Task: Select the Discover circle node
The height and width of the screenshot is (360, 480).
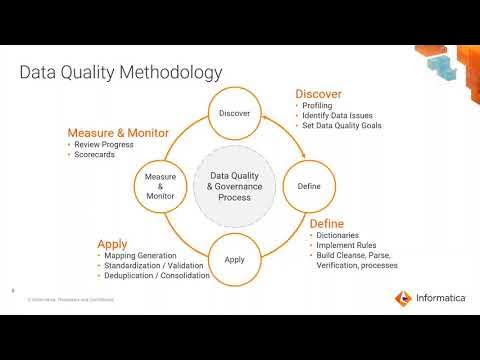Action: pos(234,113)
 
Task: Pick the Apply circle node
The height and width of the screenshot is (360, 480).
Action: pos(234,259)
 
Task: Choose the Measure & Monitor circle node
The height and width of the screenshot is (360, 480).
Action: pos(161,186)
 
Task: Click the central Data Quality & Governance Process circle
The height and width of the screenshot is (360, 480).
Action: pos(234,186)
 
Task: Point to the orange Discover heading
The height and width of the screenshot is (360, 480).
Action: pos(319,94)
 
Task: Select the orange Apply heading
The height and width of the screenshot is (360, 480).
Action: pos(113,243)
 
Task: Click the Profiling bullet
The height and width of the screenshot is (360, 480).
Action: pos(320,106)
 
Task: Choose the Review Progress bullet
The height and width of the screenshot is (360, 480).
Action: pos(107,145)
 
